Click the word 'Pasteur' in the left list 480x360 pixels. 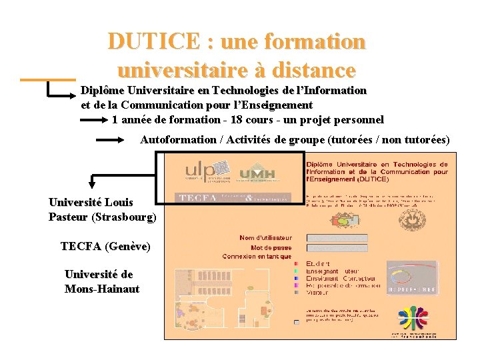point(69,217)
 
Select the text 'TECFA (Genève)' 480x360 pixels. point(105,247)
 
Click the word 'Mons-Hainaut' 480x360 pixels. point(102,289)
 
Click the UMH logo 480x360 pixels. point(257,174)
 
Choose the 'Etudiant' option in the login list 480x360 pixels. point(318,264)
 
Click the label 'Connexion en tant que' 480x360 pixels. point(257,256)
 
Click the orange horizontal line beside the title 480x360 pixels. point(47,80)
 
